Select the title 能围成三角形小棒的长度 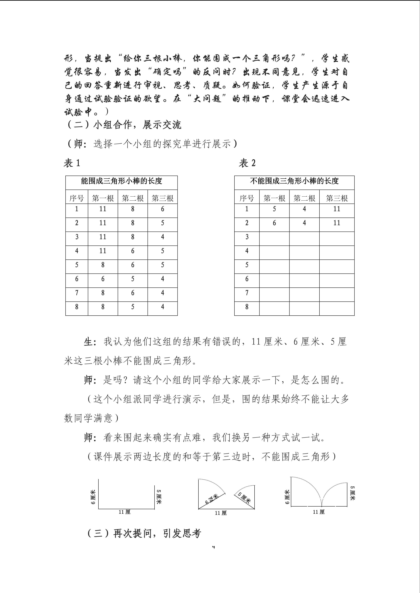pyautogui.click(x=121, y=181)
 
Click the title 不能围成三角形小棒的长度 pyautogui.click(x=294, y=181)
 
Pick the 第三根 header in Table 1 pyautogui.click(x=162, y=198)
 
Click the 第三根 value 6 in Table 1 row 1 pyautogui.click(x=162, y=209)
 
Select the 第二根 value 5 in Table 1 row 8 pyautogui.click(x=133, y=307)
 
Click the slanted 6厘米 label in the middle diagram pyautogui.click(x=211, y=499)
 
